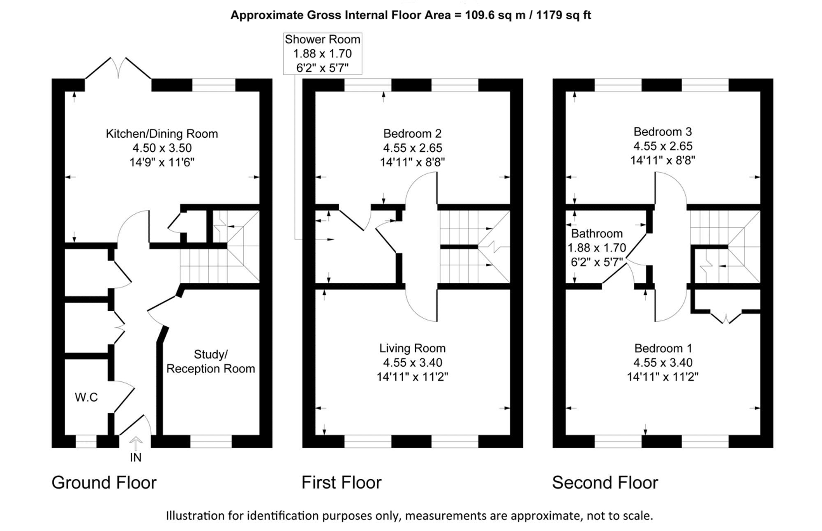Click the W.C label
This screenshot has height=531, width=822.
86,397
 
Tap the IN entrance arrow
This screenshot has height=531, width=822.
136,444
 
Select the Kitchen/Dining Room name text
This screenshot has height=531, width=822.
162,134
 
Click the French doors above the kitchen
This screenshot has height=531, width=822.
118,68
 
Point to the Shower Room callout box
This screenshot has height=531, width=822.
323,53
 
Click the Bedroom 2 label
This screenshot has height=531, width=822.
412,134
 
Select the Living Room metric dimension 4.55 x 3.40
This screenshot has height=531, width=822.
413,362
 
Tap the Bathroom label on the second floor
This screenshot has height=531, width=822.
597,233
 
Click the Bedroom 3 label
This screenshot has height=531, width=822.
663,132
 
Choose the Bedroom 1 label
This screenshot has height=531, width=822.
663,348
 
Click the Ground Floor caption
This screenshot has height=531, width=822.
104,483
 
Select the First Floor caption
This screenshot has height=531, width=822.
342,483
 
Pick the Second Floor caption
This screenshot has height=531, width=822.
605,483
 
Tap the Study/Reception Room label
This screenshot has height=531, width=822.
210,361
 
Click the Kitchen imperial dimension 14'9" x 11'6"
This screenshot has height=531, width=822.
162,162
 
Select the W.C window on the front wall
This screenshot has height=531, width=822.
86,441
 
